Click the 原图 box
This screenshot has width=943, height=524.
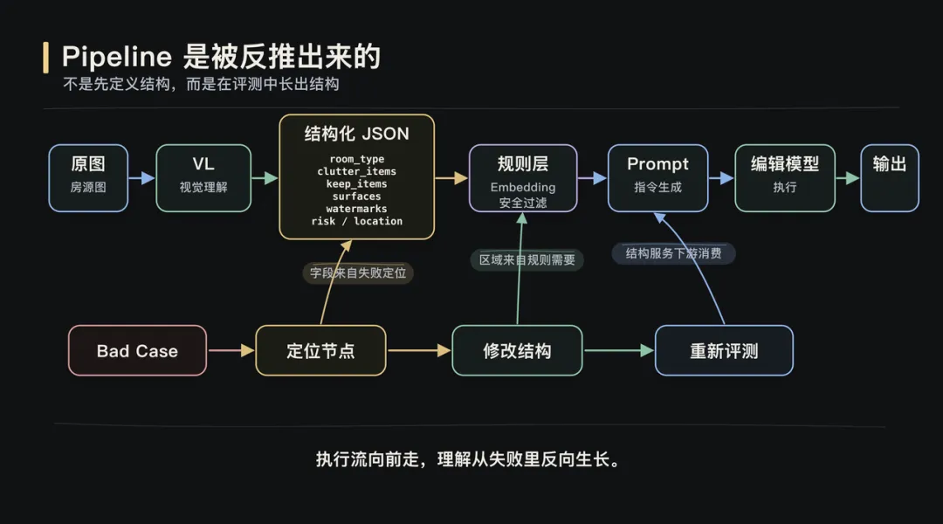[x=88, y=177]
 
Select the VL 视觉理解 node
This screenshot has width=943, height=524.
[x=203, y=177]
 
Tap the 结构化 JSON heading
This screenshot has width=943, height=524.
[x=356, y=134]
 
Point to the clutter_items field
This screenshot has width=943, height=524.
[x=356, y=171]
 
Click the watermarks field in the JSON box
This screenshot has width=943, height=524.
[x=356, y=209]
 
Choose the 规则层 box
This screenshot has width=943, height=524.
[x=523, y=177]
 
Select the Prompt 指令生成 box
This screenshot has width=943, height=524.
[x=658, y=177]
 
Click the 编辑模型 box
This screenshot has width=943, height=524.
[x=785, y=177]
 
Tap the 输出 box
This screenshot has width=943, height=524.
[x=889, y=177]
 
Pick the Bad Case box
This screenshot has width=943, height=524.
[x=137, y=351]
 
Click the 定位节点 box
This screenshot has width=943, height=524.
[x=320, y=351]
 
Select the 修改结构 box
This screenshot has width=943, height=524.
[x=517, y=351]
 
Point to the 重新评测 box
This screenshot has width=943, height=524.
[x=724, y=351]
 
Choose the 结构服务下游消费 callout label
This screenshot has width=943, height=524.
[x=673, y=254]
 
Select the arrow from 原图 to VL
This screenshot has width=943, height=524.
[x=141, y=178]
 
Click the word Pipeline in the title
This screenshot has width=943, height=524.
[x=116, y=58]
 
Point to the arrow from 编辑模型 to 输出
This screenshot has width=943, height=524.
[x=847, y=178]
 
